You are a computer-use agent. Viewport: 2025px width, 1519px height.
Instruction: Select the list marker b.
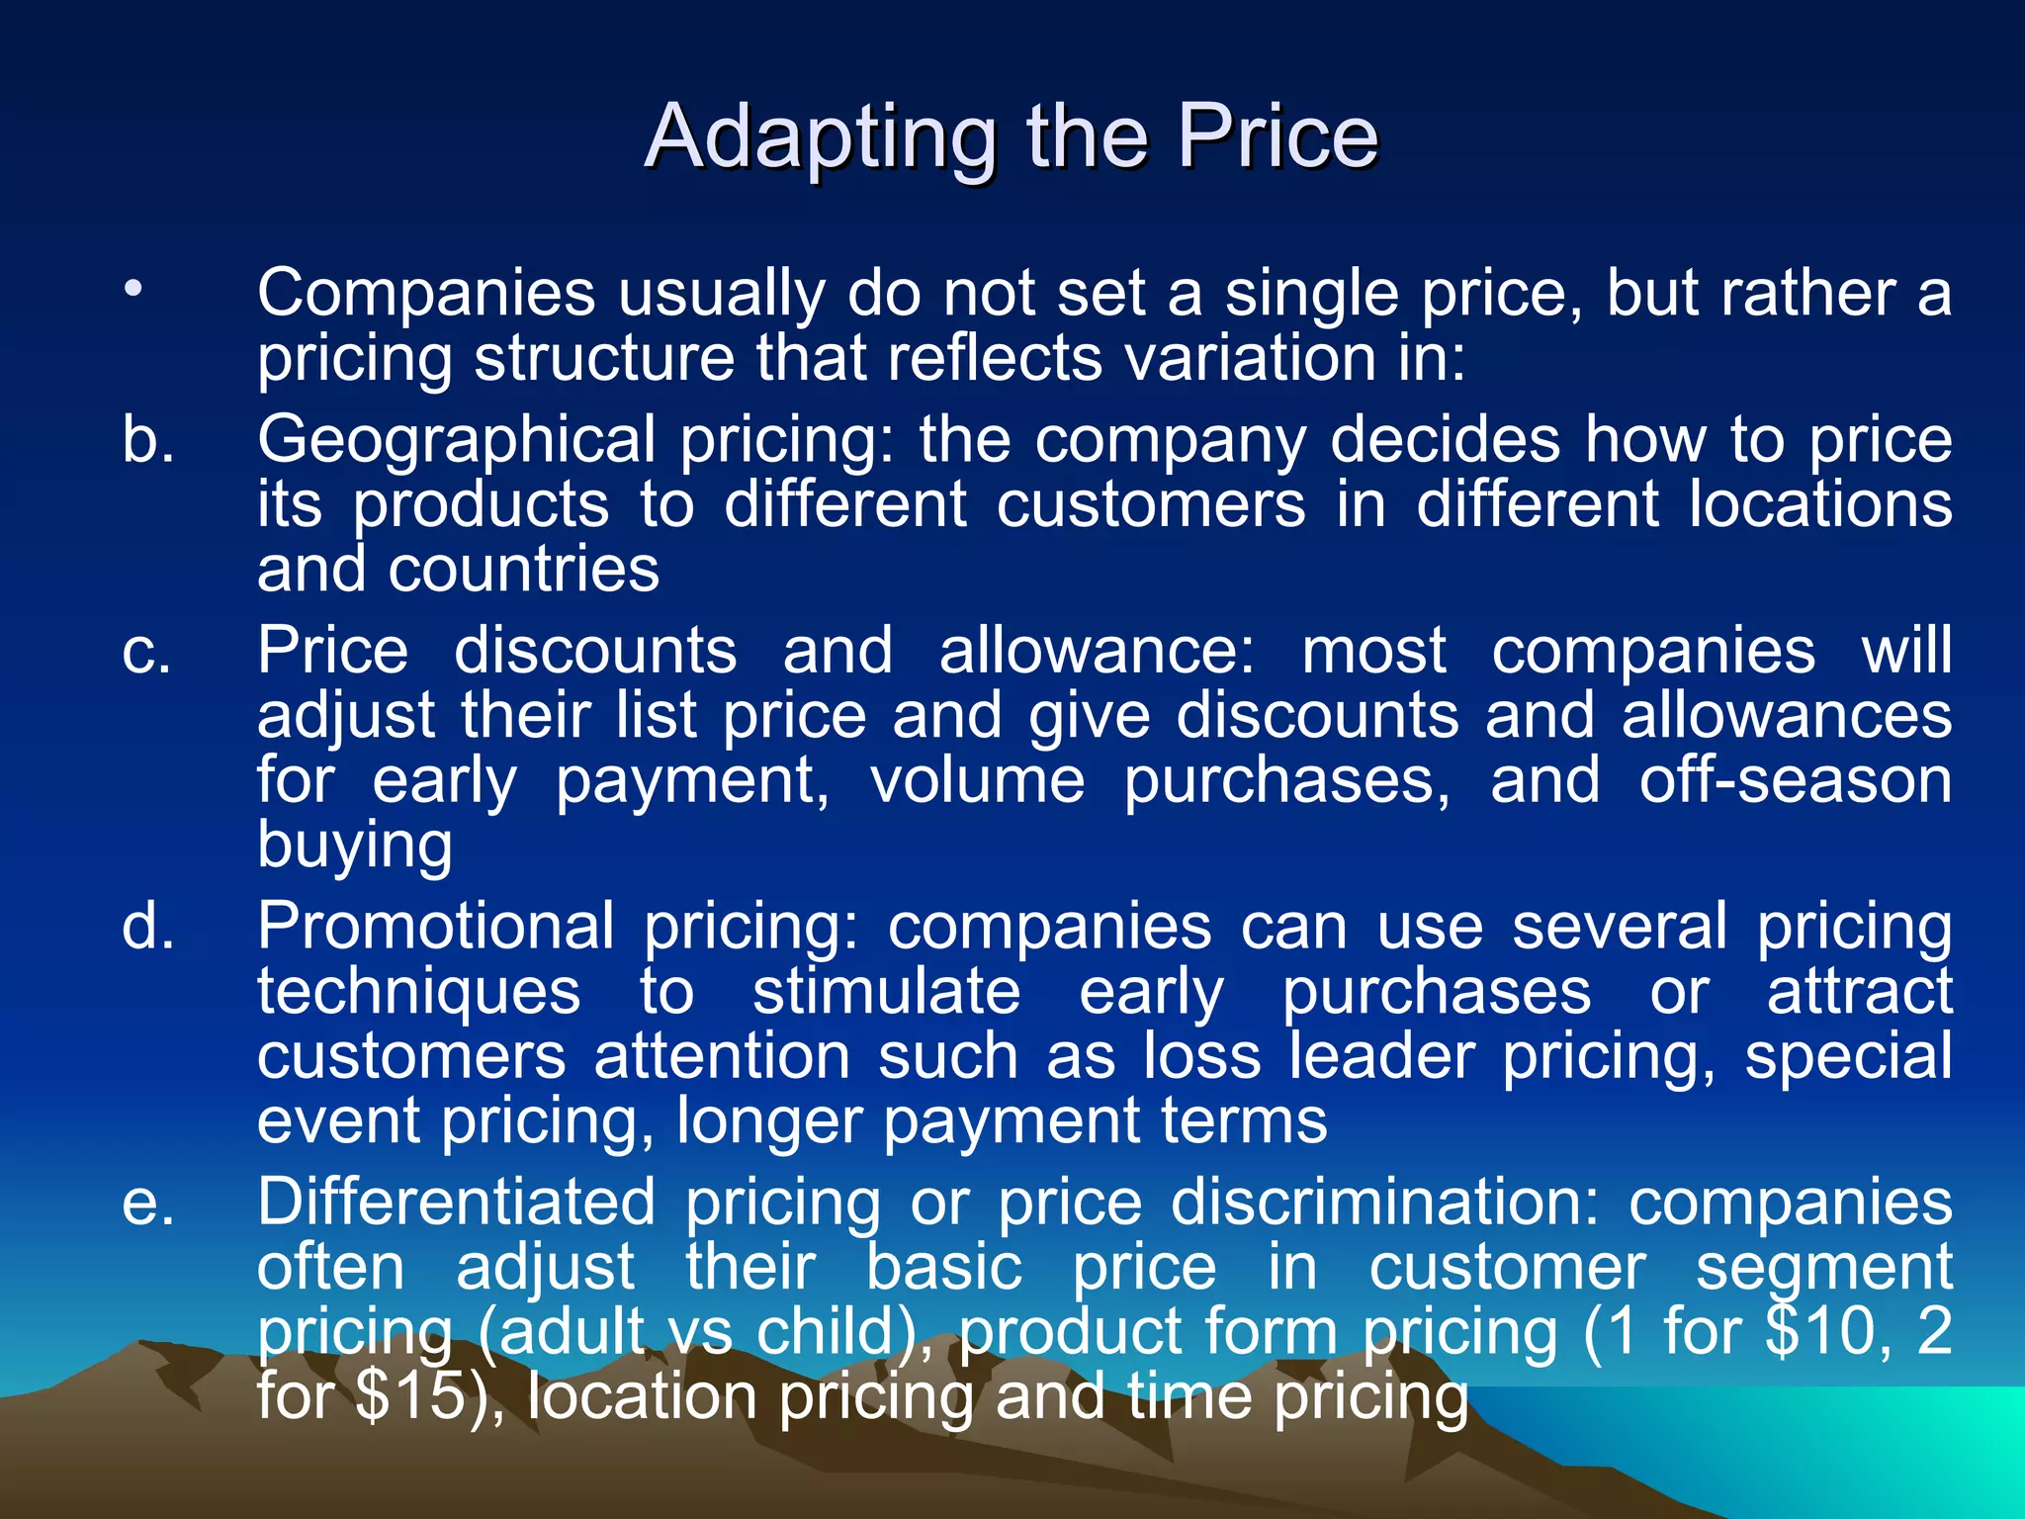pos(148,440)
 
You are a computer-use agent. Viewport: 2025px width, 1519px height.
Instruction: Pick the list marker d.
pos(148,928)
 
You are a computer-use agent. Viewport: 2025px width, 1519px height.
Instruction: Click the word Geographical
pos(456,440)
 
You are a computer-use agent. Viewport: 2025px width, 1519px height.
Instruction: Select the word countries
pos(523,571)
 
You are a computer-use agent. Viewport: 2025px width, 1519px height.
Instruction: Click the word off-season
pos(1795,781)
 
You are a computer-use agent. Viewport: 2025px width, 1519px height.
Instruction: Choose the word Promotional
pos(436,928)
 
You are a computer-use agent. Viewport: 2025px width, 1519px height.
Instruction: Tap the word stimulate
pos(886,992)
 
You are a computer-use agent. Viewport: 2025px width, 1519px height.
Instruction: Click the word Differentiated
pos(456,1204)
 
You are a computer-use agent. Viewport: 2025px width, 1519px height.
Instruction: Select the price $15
pos(417,1397)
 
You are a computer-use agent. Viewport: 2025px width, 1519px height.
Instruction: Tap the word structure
pos(604,358)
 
